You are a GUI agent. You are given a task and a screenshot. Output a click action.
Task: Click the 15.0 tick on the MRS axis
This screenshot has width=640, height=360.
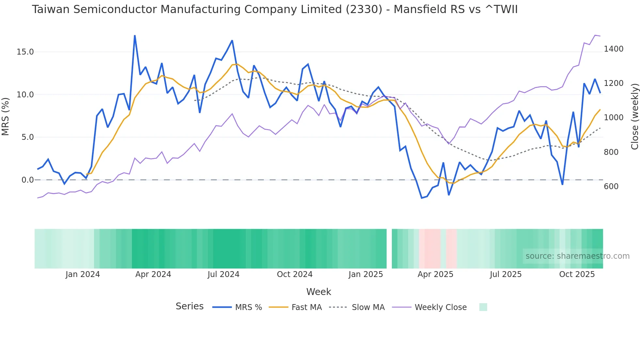point(25,52)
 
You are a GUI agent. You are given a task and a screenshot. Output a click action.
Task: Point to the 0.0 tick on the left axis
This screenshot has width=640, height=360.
point(27,180)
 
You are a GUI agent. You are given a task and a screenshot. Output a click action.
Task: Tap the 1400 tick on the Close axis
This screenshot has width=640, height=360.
point(614,49)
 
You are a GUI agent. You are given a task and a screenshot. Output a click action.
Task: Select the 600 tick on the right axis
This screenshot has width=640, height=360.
point(611,187)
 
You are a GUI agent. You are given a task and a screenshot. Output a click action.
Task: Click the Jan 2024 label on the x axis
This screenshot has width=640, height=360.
point(83,274)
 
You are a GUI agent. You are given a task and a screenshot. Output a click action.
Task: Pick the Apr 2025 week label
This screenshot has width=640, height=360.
point(435,274)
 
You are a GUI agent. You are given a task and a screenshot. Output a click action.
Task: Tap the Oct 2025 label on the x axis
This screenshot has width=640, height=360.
point(577,274)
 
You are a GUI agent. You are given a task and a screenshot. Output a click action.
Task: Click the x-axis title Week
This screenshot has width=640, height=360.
point(318,292)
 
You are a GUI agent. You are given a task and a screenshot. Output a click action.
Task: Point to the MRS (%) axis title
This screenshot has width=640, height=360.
point(6,116)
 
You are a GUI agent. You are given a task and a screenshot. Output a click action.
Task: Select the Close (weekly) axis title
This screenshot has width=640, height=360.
point(634,116)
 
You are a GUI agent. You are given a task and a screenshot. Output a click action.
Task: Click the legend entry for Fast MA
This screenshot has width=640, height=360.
point(306,307)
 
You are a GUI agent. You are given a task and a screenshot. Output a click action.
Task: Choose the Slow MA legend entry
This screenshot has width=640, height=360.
point(368,307)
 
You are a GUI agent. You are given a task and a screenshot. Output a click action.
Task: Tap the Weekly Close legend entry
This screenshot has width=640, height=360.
point(440,307)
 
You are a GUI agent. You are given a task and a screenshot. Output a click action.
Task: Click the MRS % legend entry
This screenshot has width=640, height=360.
point(248,307)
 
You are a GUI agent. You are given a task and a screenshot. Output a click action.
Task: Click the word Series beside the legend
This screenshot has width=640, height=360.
point(189,306)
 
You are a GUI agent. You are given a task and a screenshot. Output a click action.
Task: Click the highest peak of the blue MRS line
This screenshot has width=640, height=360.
point(135,36)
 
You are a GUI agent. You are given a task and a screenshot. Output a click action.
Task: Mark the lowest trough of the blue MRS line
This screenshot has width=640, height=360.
point(422,198)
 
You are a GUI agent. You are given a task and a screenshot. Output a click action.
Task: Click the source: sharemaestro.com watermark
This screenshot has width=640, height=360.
point(577,256)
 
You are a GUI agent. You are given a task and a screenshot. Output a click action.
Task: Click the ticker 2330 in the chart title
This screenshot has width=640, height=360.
point(364,9)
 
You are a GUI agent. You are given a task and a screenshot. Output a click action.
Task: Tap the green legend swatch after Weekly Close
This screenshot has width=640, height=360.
point(483,307)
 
